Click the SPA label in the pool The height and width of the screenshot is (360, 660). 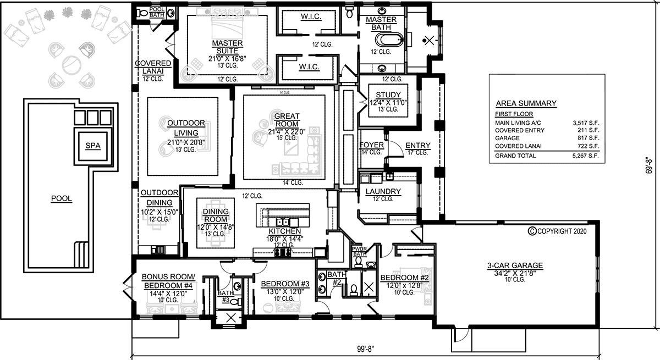[93, 146]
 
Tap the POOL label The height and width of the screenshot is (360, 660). [62, 198]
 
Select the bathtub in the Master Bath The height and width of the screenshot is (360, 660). [389, 40]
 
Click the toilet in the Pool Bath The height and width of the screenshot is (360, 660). [142, 13]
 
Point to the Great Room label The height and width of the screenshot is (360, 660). [287, 120]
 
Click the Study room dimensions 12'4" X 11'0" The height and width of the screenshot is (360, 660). [388, 103]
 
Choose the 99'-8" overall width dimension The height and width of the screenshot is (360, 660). [365, 349]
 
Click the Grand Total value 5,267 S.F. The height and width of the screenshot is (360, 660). [585, 156]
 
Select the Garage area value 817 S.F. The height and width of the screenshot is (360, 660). [588, 138]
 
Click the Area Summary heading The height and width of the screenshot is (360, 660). [526, 104]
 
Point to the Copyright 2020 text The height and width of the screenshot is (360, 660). [558, 231]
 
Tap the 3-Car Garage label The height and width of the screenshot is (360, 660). [515, 265]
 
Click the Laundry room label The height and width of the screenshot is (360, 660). [383, 192]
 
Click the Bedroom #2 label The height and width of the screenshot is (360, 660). [404, 278]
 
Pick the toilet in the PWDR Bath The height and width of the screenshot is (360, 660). [358, 262]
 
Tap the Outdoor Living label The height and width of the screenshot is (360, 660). [186, 128]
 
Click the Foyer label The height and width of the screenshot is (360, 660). [372, 145]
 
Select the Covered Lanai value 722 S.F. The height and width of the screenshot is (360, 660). [588, 146]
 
